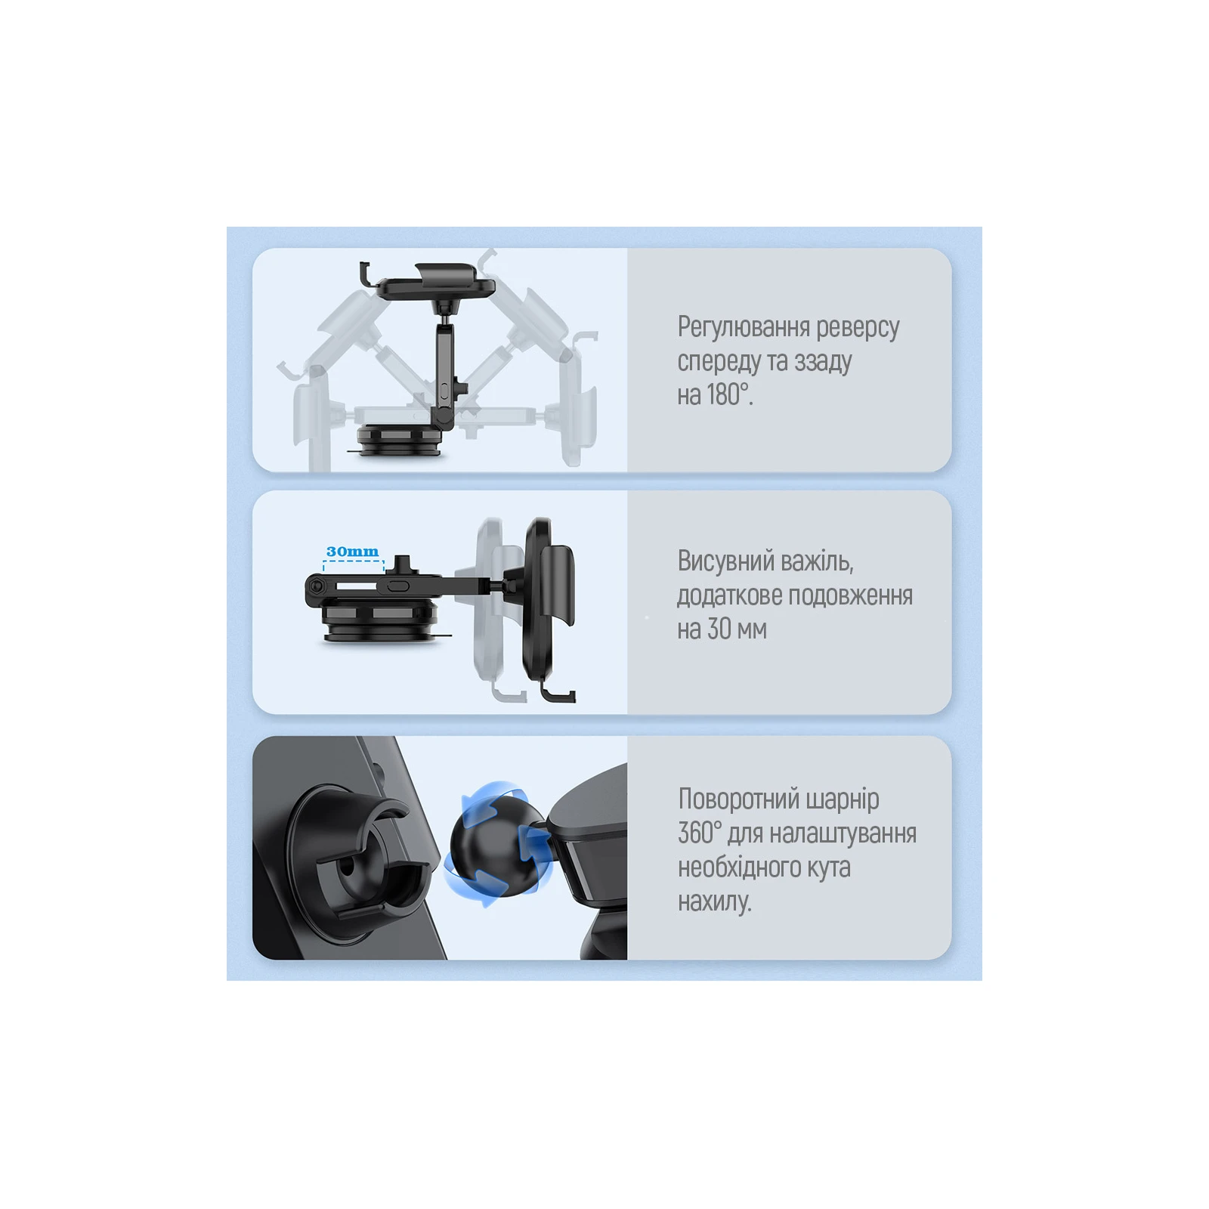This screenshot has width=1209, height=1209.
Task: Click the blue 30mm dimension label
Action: (x=352, y=552)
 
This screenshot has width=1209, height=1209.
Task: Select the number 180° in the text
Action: (x=730, y=394)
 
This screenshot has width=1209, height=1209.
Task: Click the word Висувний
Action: (x=725, y=561)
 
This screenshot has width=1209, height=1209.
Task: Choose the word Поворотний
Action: (x=739, y=799)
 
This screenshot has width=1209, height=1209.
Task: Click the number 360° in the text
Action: (x=700, y=833)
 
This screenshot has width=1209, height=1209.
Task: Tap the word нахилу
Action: (x=715, y=901)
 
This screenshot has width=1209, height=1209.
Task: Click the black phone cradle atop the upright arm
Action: (x=428, y=281)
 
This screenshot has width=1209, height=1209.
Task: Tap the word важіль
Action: (x=818, y=561)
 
